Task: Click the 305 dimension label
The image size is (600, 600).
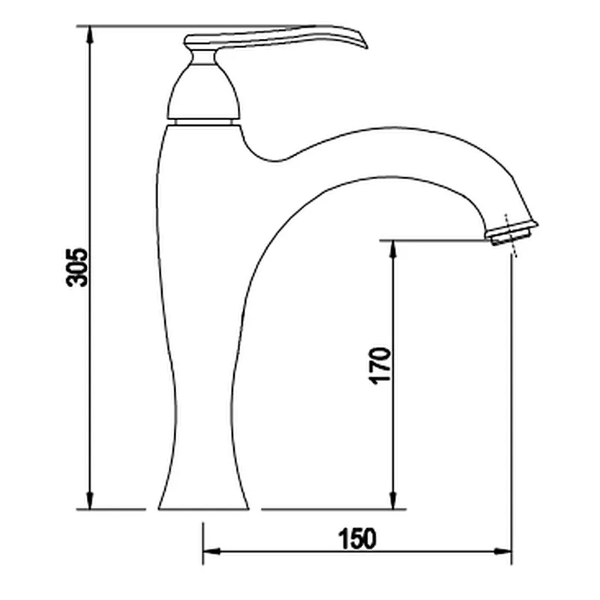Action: tap(77, 268)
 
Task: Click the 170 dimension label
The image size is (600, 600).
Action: tap(379, 366)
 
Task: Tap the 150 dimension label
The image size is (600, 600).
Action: tap(357, 538)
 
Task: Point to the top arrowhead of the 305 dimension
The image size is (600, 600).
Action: tap(89, 35)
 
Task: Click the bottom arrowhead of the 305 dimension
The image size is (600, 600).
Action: tap(89, 499)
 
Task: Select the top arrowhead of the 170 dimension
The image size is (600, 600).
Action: tap(392, 250)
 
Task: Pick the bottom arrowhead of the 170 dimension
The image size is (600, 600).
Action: tap(392, 499)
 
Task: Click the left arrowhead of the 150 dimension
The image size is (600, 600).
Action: tap(212, 551)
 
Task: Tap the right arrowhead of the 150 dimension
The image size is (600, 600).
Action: tap(502, 551)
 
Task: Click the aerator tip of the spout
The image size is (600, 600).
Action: tap(511, 233)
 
